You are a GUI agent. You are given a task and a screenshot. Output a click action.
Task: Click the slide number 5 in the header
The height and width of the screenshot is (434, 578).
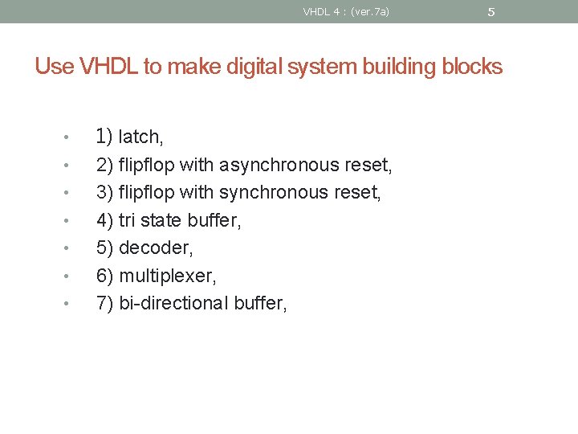pyautogui.click(x=491, y=12)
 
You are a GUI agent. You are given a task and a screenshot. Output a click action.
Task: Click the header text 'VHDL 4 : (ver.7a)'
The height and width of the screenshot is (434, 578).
pyautogui.click(x=346, y=11)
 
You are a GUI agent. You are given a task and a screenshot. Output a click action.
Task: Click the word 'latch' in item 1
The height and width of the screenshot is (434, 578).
pyautogui.click(x=140, y=138)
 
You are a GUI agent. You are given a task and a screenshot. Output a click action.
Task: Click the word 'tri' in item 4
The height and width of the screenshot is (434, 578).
pyautogui.click(x=127, y=220)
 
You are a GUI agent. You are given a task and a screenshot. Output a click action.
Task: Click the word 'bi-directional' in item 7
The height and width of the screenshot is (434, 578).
pyautogui.click(x=173, y=303)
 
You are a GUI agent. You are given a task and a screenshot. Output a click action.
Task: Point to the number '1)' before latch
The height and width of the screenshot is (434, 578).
pyautogui.click(x=104, y=137)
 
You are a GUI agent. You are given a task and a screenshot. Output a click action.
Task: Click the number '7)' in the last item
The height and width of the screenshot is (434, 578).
pyautogui.click(x=104, y=303)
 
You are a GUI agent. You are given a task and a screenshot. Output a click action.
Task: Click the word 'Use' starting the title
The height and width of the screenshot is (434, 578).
pyautogui.click(x=54, y=67)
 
